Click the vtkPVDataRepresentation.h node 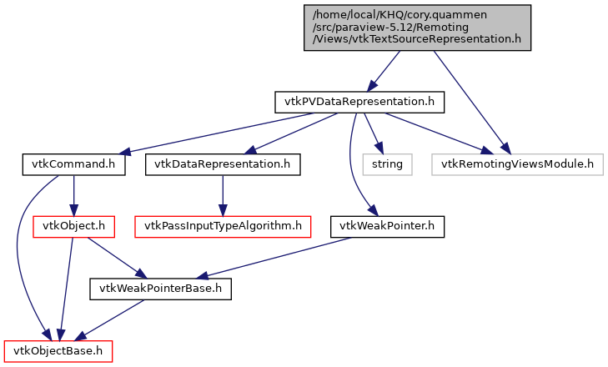pos(359,103)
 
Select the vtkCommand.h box pos(73,164)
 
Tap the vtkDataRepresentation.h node pos(222,164)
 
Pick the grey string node pos(387,164)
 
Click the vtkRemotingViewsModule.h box pos(517,164)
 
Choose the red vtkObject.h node pos(73,226)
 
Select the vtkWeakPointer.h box pos(388,226)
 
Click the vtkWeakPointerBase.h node pos(160,289)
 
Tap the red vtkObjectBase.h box pos(58,351)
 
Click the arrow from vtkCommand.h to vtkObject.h pos(73,195)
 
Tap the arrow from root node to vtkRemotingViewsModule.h pos(467,100)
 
